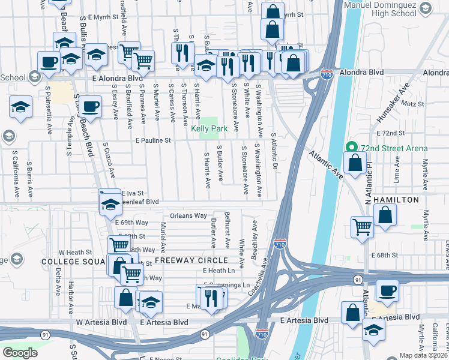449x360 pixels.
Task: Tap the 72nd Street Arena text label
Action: [394, 148]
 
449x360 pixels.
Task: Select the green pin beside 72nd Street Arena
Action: [351, 147]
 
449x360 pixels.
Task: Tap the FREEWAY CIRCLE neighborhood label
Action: [191, 260]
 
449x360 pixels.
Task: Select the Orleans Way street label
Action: [188, 215]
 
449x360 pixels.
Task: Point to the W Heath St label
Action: [74, 253]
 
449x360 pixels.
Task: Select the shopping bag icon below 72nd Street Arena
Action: [355, 163]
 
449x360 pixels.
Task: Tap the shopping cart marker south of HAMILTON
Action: [363, 226]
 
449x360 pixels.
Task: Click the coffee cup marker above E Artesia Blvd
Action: [387, 292]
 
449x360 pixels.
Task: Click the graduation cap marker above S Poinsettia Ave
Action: [21, 108]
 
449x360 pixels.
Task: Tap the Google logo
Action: [21, 353]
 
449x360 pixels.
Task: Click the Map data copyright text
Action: [424, 355]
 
